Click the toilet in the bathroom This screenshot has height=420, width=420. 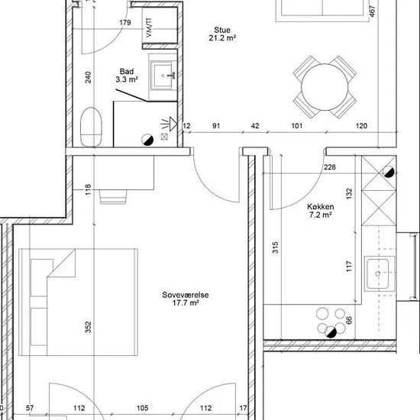point(92,127)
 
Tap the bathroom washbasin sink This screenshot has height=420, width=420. point(163,76)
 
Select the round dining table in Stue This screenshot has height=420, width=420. point(325,87)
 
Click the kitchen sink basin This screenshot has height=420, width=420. point(378,273)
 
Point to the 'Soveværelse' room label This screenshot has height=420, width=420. point(186,295)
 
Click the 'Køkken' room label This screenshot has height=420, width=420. point(321,207)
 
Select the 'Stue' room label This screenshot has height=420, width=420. point(222,30)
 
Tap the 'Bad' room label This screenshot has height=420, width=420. point(127,72)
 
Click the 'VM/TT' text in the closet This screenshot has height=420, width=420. point(149,27)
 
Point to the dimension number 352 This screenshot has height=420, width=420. point(88,327)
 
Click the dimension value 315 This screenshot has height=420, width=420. point(275,247)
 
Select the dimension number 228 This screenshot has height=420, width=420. point(330,167)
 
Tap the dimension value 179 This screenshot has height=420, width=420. point(125,22)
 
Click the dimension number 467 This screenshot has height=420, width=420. point(372,11)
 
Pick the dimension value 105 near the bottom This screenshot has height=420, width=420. point(143,408)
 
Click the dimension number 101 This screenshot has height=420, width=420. point(297,126)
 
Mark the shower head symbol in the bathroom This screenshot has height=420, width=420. point(170,124)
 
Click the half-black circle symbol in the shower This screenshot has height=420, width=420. point(147,140)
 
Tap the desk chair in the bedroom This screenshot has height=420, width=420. point(113,197)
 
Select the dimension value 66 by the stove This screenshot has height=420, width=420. point(349,320)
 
